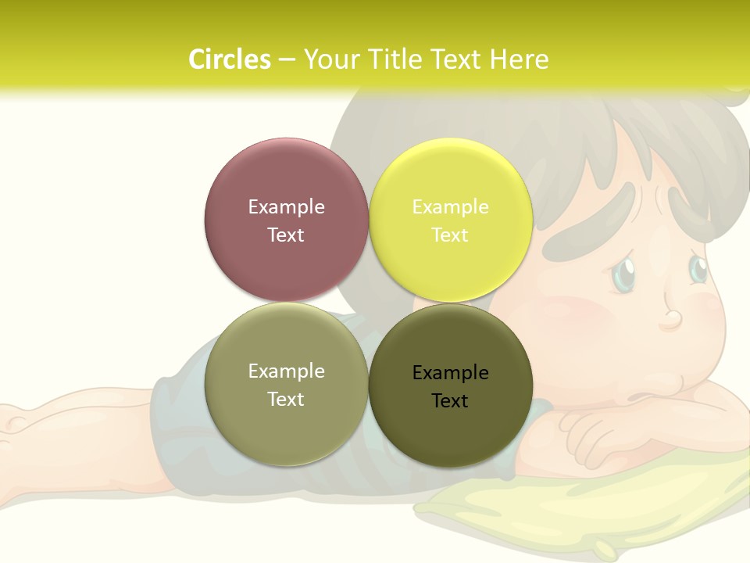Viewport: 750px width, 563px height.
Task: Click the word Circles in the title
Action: coord(230,59)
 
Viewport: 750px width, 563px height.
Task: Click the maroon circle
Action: coord(286,220)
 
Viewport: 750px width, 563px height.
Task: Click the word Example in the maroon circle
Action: coord(286,206)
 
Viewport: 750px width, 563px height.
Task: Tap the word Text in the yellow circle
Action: coord(450,235)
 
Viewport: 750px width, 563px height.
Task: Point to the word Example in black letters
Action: coord(450,372)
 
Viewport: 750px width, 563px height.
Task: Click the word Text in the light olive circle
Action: coord(286,399)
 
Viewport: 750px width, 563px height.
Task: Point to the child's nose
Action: coord(670,316)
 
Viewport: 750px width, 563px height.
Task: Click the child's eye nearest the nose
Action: coord(698,268)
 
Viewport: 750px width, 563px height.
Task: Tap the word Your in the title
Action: coord(329,59)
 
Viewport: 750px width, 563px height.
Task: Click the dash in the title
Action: coord(286,60)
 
